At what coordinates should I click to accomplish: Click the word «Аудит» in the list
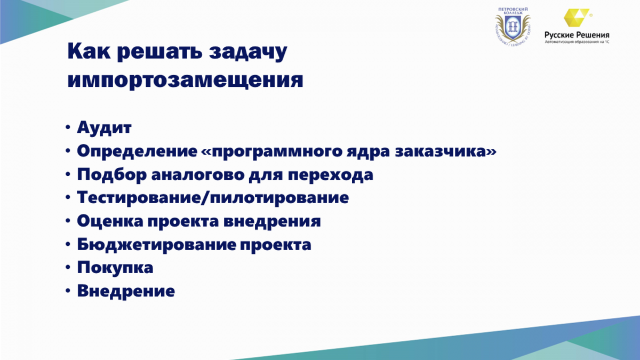[x=105, y=127]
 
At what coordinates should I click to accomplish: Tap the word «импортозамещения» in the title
[x=185, y=80]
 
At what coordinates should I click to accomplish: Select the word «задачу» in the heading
[x=248, y=52]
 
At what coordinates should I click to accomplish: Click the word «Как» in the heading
[x=89, y=51]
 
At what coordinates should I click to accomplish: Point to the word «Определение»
[x=137, y=151]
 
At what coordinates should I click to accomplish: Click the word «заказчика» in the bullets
[x=446, y=151]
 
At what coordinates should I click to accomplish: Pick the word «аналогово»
[x=198, y=174]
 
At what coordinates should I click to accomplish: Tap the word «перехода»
[x=331, y=175]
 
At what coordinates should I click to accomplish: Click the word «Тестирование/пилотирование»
[x=213, y=198]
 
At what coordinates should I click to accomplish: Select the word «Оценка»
[x=110, y=221]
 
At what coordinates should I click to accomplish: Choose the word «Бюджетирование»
[x=157, y=245]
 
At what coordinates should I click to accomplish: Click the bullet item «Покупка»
[x=115, y=268]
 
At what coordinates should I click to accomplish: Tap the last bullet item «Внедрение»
[x=126, y=291]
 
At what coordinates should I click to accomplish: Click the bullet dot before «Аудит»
[x=68, y=127]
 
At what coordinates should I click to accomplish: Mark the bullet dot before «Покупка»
[x=68, y=268]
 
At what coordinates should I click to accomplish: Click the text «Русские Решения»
[x=577, y=35]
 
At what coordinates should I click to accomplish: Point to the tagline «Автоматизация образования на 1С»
[x=577, y=42]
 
